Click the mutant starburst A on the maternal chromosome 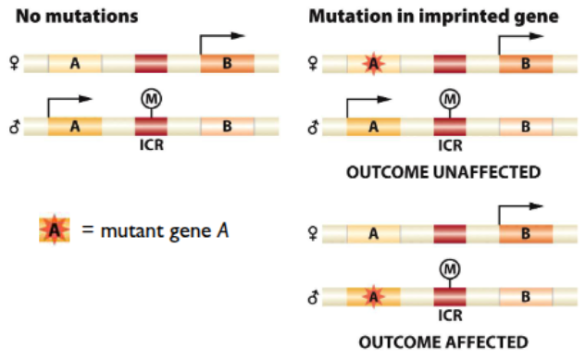click(x=372, y=63)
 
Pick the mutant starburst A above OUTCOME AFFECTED click(x=372, y=297)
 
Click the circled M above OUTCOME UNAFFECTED click(x=449, y=97)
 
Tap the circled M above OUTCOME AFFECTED click(x=449, y=267)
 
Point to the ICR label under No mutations click(x=151, y=145)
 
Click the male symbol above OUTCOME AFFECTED click(x=314, y=297)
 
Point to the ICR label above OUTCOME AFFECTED click(x=450, y=316)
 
